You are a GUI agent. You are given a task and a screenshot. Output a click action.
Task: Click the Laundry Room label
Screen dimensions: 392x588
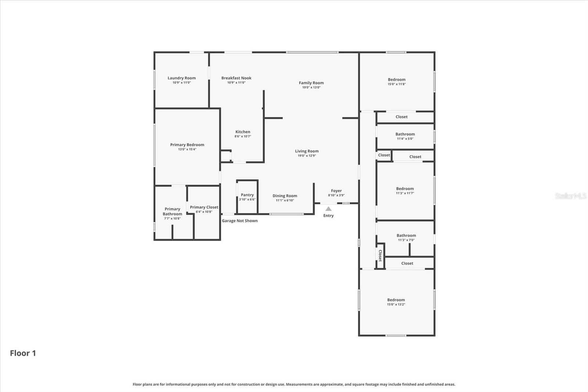[182, 78]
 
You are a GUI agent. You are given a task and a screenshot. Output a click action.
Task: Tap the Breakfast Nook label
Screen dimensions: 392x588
[236, 78]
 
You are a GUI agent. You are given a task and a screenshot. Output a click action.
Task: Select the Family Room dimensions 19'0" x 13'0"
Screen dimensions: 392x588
[311, 88]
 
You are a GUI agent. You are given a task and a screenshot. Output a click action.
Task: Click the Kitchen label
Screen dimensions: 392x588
[243, 132]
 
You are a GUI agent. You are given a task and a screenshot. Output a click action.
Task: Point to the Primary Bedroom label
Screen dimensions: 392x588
[187, 145]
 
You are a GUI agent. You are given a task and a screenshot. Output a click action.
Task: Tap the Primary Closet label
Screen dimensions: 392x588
[204, 207]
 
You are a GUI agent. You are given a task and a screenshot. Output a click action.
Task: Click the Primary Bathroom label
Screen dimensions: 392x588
[172, 211]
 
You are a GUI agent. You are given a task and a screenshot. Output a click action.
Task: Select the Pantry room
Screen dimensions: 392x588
[247, 197]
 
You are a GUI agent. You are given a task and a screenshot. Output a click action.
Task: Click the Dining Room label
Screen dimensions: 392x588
[285, 196]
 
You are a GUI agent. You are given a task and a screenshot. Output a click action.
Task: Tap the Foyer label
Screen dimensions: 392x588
[336, 191]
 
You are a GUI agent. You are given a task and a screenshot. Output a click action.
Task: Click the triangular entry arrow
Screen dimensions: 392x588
[329, 209]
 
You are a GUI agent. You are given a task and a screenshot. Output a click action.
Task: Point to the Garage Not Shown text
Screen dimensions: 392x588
[240, 221]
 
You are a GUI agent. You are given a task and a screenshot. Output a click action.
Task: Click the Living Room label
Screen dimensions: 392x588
[307, 151]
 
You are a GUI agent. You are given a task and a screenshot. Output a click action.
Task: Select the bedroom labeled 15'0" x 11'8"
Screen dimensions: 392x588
[397, 81]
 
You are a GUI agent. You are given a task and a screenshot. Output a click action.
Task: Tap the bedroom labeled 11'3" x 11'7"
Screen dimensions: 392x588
[405, 190]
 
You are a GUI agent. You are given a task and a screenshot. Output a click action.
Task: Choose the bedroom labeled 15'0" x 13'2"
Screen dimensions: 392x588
[396, 302]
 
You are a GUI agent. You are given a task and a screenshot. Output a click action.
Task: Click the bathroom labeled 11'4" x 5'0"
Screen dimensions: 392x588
[405, 136]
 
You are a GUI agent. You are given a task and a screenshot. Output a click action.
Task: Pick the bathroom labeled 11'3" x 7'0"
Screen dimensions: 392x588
[406, 237]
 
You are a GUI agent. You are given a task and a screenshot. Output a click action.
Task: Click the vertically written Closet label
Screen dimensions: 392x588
[380, 255]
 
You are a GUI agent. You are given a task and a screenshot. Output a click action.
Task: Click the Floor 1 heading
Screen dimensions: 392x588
[23, 353]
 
